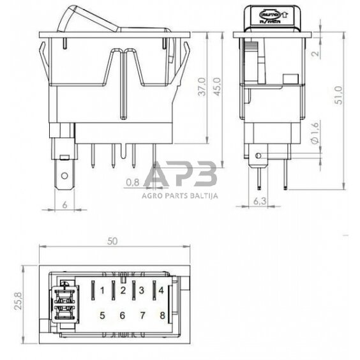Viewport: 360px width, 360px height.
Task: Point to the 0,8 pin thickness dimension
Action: click(133, 183)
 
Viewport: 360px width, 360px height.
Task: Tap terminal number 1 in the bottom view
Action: click(103, 291)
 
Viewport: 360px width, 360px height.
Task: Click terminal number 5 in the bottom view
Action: click(103, 315)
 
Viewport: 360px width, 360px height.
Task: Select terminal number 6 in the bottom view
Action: click(123, 315)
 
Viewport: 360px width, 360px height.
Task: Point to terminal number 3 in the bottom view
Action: click(142, 291)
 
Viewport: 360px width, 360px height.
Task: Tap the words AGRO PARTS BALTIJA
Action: click(180, 196)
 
